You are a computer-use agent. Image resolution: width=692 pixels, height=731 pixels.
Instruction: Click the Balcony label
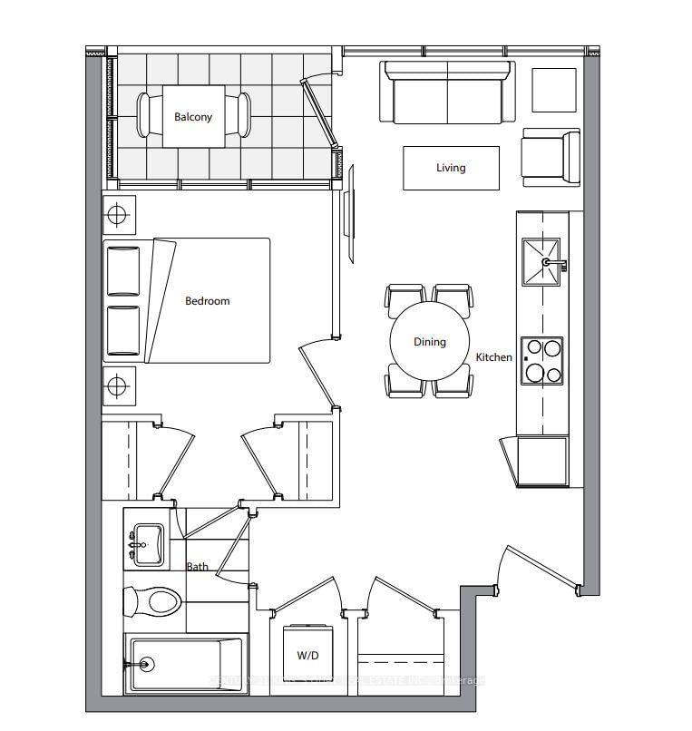tap(193, 117)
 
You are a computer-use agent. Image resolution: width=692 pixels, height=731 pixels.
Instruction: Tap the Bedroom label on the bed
tap(208, 301)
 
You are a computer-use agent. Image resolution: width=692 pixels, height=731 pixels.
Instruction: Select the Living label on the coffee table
tap(451, 168)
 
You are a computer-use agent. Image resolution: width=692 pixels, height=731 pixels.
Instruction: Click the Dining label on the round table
tap(430, 342)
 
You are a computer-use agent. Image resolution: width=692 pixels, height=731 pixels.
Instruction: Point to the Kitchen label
tap(494, 357)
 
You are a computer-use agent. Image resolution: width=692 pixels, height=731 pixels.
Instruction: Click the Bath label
tap(197, 567)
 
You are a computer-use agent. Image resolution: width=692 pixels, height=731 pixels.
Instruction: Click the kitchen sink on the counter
tap(541, 262)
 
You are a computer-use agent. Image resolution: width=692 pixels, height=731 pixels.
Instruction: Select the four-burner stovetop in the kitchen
tap(541, 361)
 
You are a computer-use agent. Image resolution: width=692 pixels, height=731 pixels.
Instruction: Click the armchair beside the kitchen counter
tap(550, 158)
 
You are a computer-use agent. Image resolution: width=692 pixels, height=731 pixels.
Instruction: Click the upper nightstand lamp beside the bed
tap(117, 216)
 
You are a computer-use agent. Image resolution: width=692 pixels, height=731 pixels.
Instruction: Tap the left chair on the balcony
tap(146, 116)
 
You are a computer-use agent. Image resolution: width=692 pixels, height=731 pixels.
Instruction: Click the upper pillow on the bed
tap(123, 270)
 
